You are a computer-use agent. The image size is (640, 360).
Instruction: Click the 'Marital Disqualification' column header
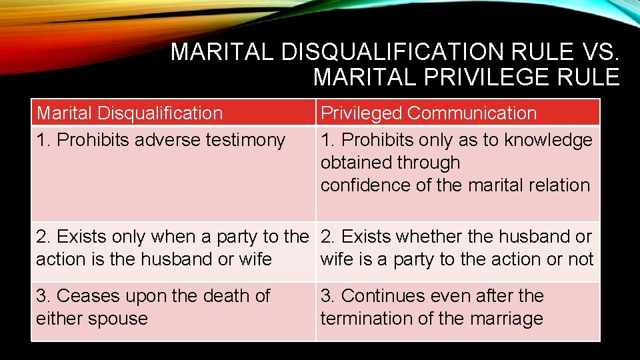[x=130, y=113]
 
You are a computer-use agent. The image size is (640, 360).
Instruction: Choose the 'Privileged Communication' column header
[x=429, y=113]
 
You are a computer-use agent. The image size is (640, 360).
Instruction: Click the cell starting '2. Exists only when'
[x=172, y=248]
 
